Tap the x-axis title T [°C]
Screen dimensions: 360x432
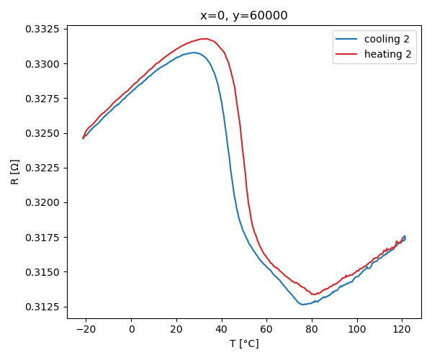(244, 343)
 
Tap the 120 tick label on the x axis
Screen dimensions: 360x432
(402, 329)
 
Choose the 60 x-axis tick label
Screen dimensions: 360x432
(266, 329)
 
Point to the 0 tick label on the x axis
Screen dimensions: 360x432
(132, 329)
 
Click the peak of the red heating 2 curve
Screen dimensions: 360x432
(205, 39)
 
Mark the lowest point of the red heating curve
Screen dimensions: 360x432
(313, 294)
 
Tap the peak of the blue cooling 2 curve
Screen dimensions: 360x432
(194, 53)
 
